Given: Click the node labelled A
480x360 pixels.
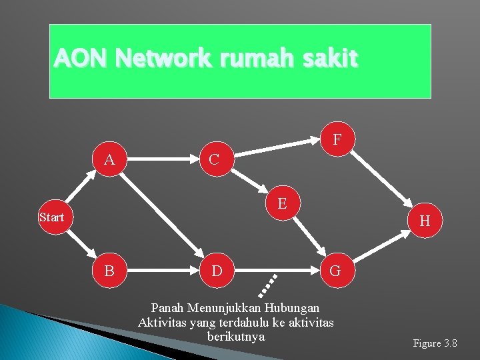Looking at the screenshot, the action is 109,159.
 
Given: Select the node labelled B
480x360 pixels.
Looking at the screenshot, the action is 109,271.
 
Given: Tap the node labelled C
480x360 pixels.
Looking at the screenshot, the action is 213,159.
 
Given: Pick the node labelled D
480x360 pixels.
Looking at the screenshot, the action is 216,271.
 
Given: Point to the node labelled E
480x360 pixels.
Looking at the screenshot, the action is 282,203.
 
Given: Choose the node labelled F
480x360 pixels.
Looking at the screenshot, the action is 337,139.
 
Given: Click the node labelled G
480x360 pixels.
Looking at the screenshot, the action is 335,271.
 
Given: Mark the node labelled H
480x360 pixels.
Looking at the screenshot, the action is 425,221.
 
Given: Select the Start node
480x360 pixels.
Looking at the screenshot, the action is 51,217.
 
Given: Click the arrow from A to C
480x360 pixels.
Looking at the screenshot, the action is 161,159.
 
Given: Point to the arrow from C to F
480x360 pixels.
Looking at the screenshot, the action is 277,143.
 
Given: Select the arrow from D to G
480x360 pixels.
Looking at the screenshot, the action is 275,271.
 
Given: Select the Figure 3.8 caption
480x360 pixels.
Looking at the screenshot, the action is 435,343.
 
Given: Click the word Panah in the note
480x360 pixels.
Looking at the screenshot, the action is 168,308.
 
